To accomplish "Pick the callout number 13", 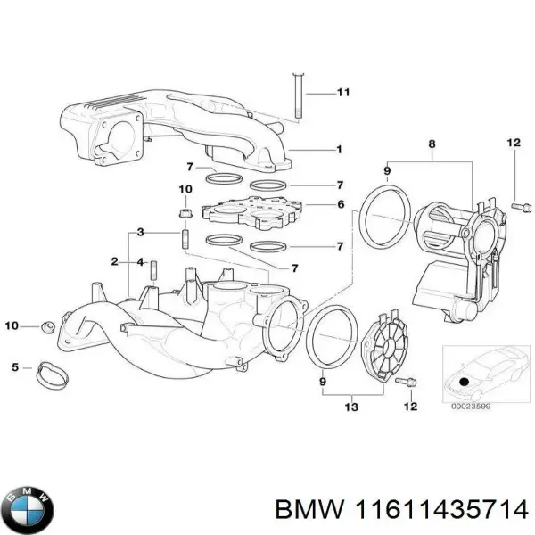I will pyautogui.click(x=350, y=407).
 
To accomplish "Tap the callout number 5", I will pyautogui.click(x=15, y=366).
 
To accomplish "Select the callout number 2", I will pyautogui.click(x=114, y=261).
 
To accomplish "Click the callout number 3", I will pyautogui.click(x=139, y=233).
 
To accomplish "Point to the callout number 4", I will pyautogui.click(x=139, y=261).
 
